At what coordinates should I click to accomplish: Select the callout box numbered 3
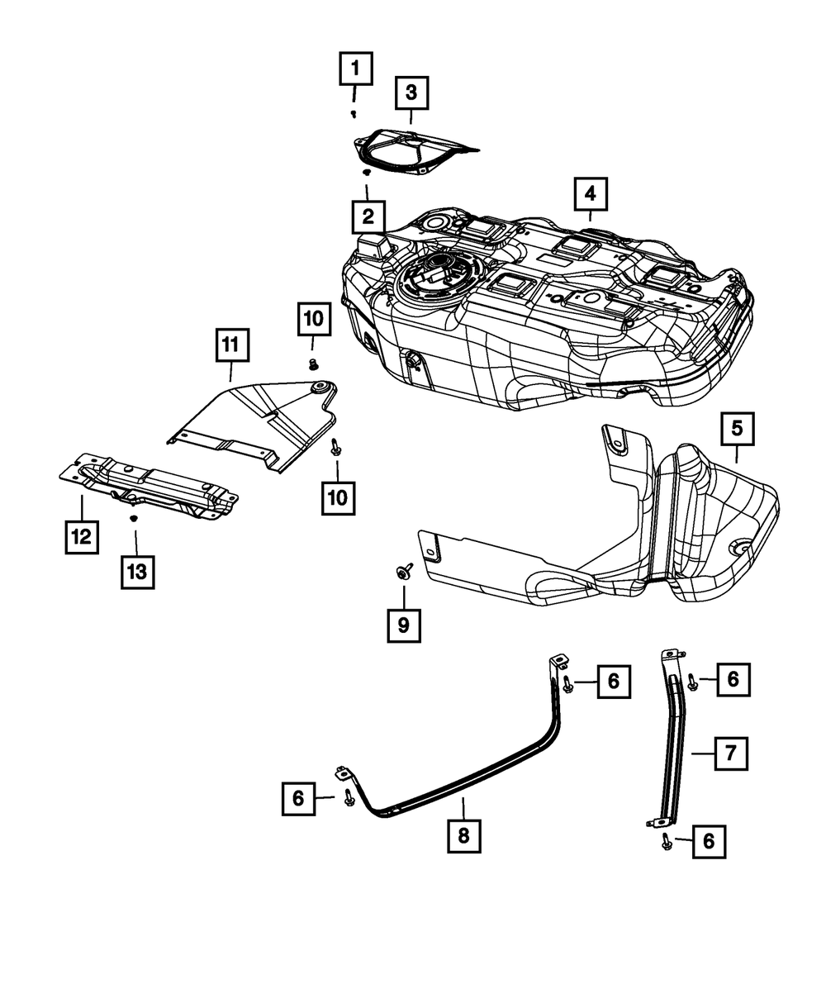click(411, 93)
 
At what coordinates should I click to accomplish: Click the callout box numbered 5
click(737, 428)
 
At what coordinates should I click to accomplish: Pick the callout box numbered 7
click(731, 753)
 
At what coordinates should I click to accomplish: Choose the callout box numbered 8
click(463, 835)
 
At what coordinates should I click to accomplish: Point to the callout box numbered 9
click(404, 625)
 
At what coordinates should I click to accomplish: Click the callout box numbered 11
click(232, 347)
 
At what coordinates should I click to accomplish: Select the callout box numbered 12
click(81, 535)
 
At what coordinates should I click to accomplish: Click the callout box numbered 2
click(367, 217)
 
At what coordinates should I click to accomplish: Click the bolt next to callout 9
click(405, 571)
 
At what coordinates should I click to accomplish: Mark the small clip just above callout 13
click(132, 519)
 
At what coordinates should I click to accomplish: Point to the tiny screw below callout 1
click(354, 112)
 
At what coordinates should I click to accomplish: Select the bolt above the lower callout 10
click(335, 447)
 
